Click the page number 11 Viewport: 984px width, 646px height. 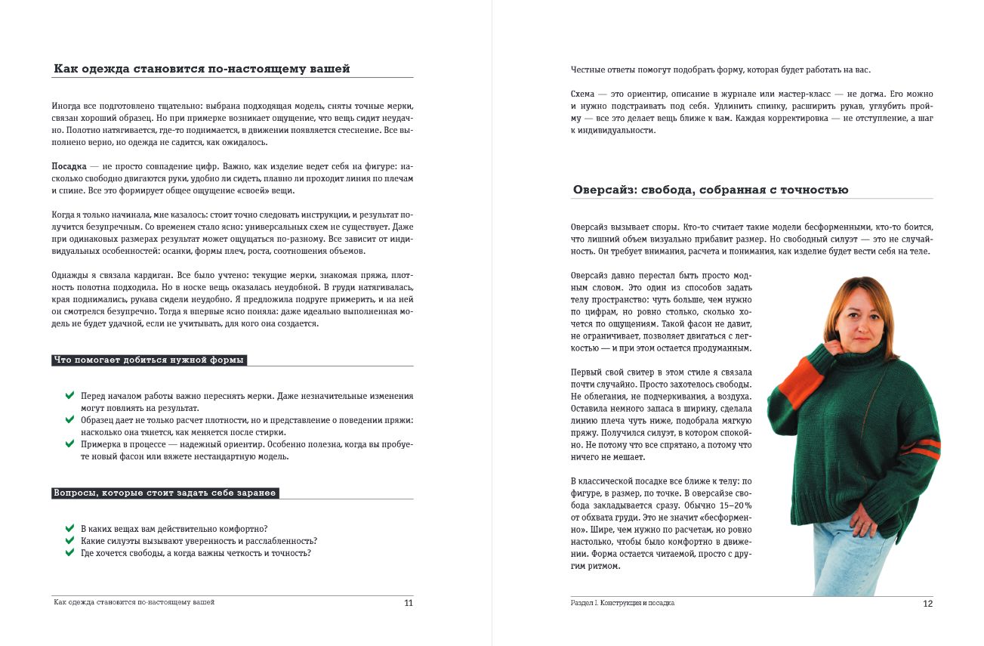click(x=409, y=603)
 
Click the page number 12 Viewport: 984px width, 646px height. click(x=928, y=604)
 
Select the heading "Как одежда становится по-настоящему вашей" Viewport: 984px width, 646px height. click(x=202, y=69)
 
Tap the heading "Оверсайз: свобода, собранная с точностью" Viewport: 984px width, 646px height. click(x=711, y=190)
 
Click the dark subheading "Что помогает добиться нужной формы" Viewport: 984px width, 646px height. click(x=150, y=360)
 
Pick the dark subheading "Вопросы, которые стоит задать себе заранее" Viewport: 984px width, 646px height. click(x=165, y=493)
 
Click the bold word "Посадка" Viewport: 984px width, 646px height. click(x=68, y=165)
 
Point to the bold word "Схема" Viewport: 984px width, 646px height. click(x=582, y=94)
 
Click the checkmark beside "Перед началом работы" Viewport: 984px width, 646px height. click(x=69, y=395)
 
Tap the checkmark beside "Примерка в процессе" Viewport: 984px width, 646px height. click(x=69, y=444)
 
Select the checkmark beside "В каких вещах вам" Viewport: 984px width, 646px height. click(x=69, y=528)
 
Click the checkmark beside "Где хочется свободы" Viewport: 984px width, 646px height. click(x=69, y=552)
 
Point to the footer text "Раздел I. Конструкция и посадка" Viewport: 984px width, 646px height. click(x=622, y=604)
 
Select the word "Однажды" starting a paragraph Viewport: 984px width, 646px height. click(x=69, y=275)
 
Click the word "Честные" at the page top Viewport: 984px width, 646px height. click(x=587, y=70)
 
